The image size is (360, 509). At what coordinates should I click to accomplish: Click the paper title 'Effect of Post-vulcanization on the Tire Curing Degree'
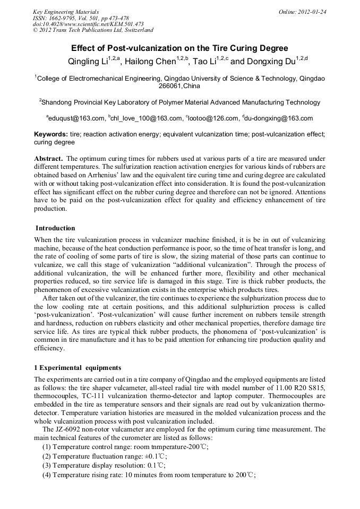(x=179, y=48)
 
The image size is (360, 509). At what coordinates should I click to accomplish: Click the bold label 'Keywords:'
(x=50, y=135)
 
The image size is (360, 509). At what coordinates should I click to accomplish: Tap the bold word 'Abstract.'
(x=49, y=159)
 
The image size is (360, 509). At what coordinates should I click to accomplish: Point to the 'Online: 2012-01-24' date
(x=302, y=12)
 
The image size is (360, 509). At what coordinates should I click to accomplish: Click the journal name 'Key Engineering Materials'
(x=66, y=12)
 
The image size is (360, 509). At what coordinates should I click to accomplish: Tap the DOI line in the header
(x=88, y=24)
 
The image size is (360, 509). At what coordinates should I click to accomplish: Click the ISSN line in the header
(x=81, y=18)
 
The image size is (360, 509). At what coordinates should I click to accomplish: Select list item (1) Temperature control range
(x=125, y=447)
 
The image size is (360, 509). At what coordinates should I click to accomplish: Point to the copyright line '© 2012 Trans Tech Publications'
(x=93, y=31)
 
